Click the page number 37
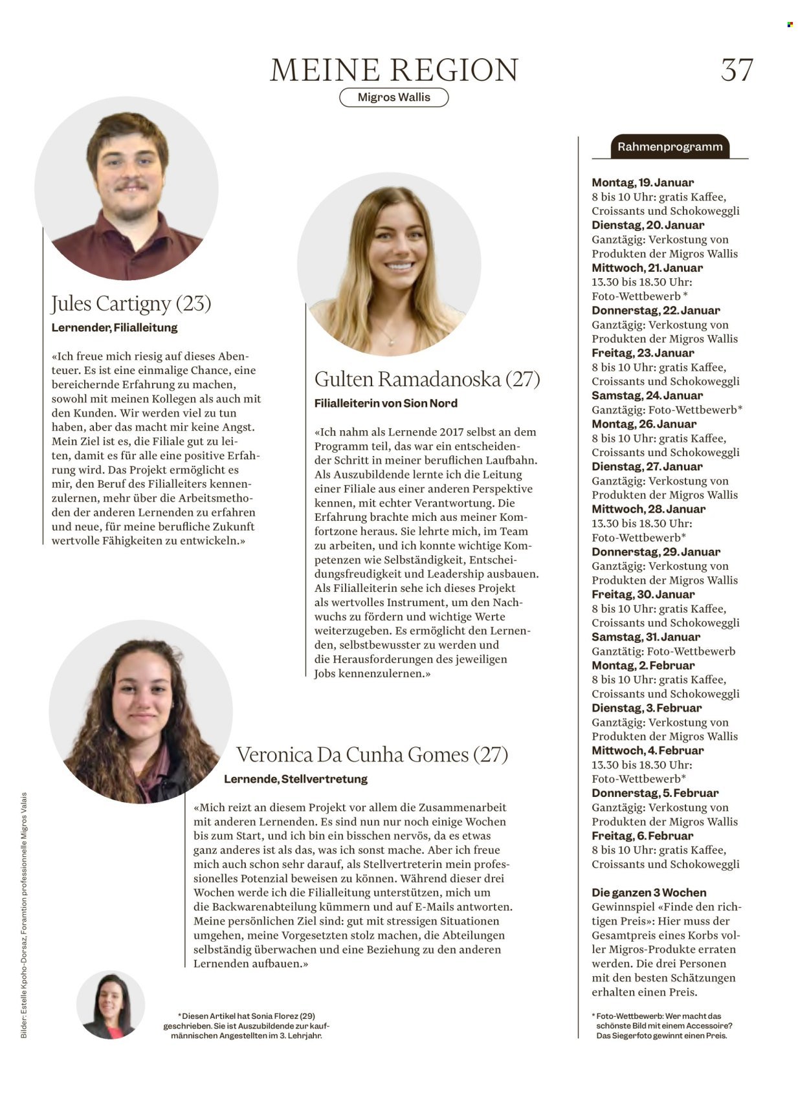pyautogui.click(x=737, y=70)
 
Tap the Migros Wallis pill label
pyautogui.click(x=393, y=97)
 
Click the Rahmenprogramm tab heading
pyautogui.click(x=669, y=147)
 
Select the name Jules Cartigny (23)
pyautogui.click(x=131, y=303)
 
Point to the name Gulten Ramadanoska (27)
pyautogui.click(x=427, y=378)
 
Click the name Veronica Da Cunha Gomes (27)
pyautogui.click(x=371, y=754)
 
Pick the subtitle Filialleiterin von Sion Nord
pyautogui.click(x=386, y=403)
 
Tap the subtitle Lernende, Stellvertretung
pyautogui.click(x=295, y=779)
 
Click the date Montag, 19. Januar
pyautogui.click(x=642, y=182)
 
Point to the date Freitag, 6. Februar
pyautogui.click(x=642, y=836)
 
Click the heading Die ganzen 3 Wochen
pyautogui.click(x=648, y=892)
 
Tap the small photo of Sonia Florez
pyautogui.click(x=110, y=1004)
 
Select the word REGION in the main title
pyautogui.click(x=455, y=70)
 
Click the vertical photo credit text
pyautogui.click(x=24, y=915)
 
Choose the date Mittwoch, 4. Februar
pyautogui.click(x=647, y=750)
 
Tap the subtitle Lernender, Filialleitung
pyautogui.click(x=115, y=327)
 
